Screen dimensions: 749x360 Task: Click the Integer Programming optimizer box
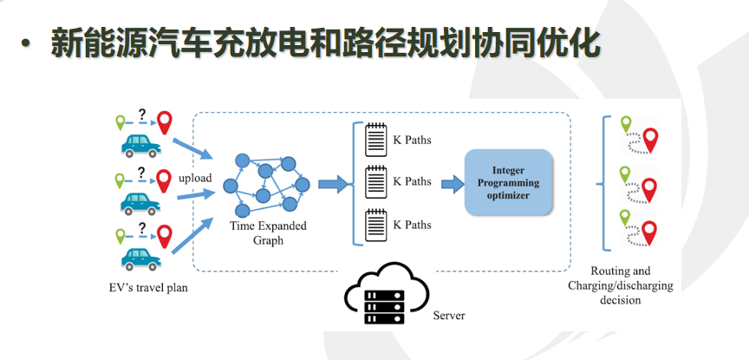pos(508,181)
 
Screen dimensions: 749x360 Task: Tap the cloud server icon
pos(386,293)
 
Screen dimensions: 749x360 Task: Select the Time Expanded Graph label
pos(269,232)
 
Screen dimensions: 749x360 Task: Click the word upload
pos(195,179)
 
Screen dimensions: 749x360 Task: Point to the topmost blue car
pos(141,146)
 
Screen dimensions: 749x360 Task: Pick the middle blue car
pos(140,203)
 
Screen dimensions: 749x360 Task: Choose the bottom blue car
pos(141,259)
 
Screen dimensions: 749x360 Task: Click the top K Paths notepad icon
pos(376,140)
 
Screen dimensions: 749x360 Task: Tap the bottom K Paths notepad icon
pos(376,225)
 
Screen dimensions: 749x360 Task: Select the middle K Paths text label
pos(412,181)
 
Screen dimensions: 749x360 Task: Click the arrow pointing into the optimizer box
pos(453,184)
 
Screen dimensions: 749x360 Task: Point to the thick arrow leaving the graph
pos(334,184)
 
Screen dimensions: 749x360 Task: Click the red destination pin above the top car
pos(166,122)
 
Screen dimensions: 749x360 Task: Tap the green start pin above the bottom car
pos(120,236)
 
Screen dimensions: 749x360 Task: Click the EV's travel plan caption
pos(147,288)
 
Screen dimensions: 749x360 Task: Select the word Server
pos(448,316)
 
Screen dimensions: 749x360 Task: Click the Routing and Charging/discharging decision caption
pos(620,285)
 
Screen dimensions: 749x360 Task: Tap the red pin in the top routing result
pos(650,141)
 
